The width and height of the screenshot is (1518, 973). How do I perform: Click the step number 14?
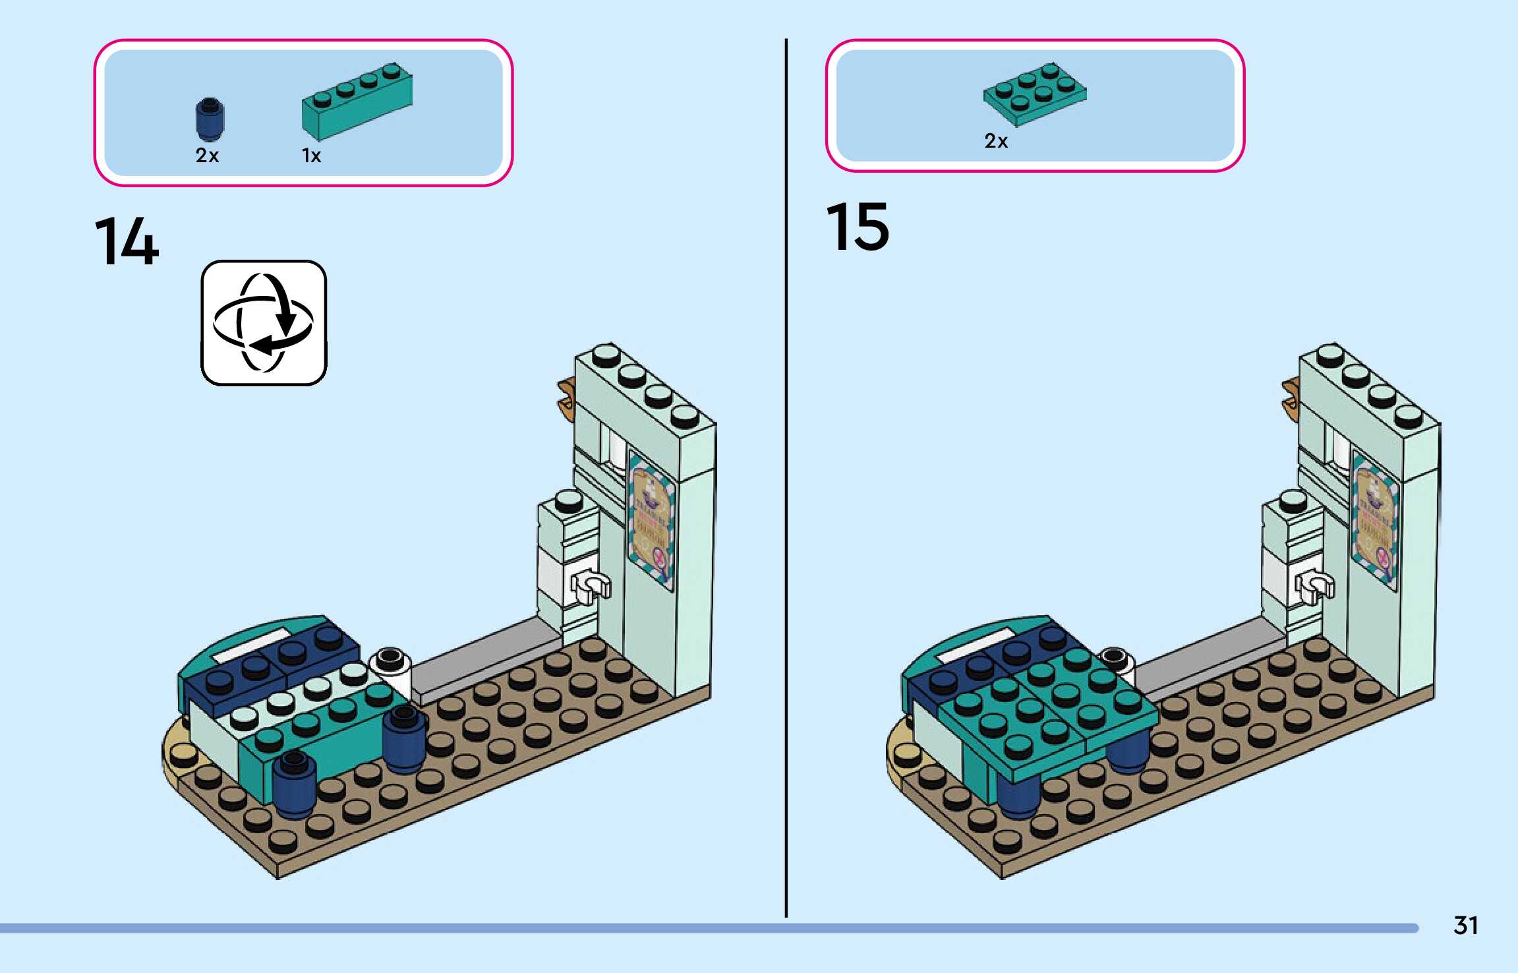point(127,242)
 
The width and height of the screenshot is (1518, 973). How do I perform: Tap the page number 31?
point(1465,926)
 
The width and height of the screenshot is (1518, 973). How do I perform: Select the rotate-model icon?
point(264,322)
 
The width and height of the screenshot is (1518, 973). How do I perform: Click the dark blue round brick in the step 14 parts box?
point(210,119)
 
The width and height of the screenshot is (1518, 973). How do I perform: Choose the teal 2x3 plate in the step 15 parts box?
point(1035,94)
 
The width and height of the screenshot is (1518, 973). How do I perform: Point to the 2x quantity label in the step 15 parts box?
point(996,141)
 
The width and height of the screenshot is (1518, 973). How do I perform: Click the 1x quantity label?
point(311,156)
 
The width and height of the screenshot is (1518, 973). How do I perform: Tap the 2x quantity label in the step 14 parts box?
point(207,156)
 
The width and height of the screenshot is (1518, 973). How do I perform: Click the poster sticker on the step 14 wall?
point(651,521)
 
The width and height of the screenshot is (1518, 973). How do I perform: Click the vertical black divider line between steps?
point(786,475)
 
